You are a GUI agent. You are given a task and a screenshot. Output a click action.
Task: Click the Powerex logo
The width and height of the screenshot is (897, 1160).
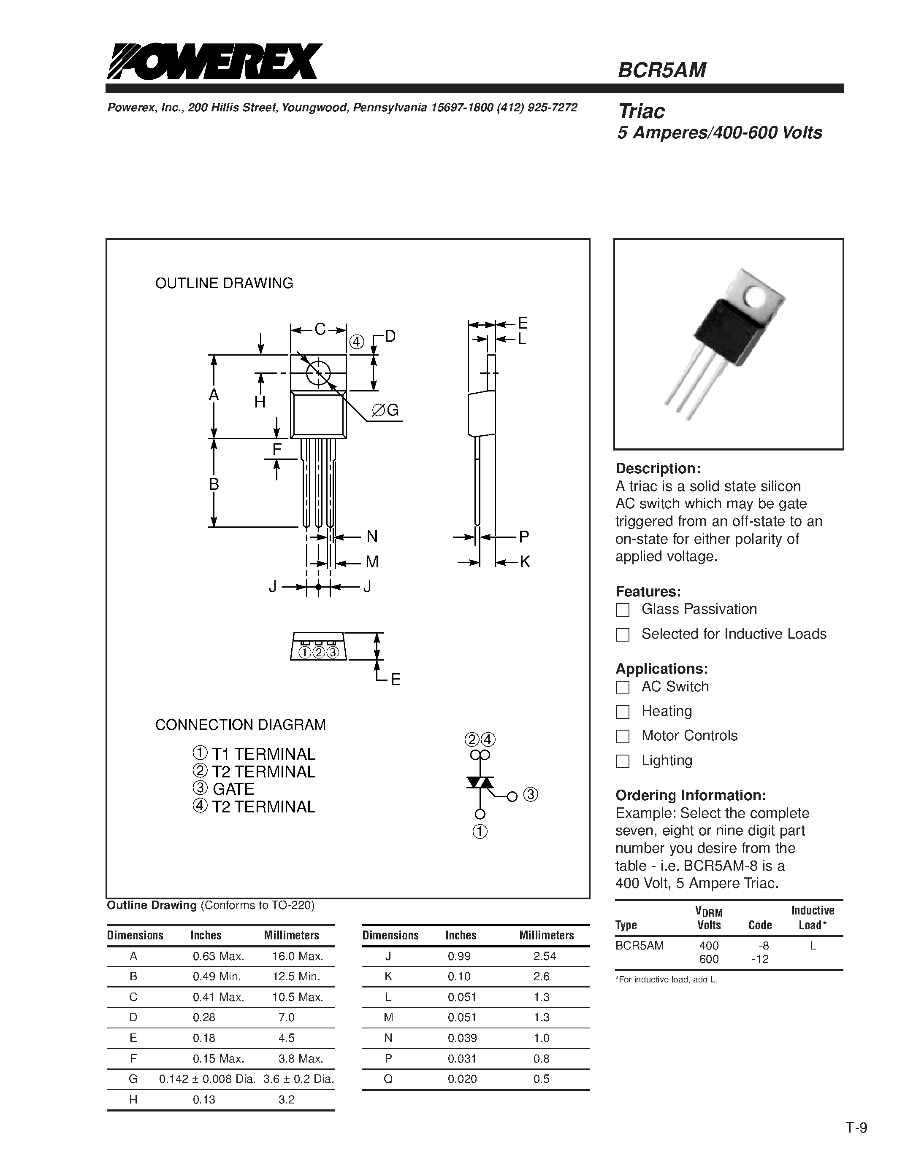click(x=214, y=62)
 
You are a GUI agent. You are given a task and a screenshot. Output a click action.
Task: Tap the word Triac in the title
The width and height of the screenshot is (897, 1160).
click(x=641, y=111)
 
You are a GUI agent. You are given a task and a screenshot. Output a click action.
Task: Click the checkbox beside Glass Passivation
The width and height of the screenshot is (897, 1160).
click(x=623, y=610)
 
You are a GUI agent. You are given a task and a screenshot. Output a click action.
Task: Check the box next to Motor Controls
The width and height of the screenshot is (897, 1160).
click(x=623, y=736)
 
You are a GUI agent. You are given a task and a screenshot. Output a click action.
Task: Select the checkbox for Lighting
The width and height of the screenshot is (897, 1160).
click(x=623, y=761)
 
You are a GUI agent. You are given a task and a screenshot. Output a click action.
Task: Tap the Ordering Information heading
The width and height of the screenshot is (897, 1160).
click(x=690, y=795)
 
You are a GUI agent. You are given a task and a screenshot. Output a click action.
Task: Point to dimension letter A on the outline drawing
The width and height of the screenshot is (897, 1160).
click(x=214, y=395)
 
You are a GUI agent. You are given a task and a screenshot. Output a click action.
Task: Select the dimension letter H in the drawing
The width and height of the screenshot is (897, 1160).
click(x=260, y=402)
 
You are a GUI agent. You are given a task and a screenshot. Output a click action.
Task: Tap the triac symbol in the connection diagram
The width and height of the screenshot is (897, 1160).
click(x=480, y=783)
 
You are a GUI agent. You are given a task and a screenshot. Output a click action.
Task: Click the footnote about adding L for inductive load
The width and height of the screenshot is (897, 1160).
click(x=667, y=979)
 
